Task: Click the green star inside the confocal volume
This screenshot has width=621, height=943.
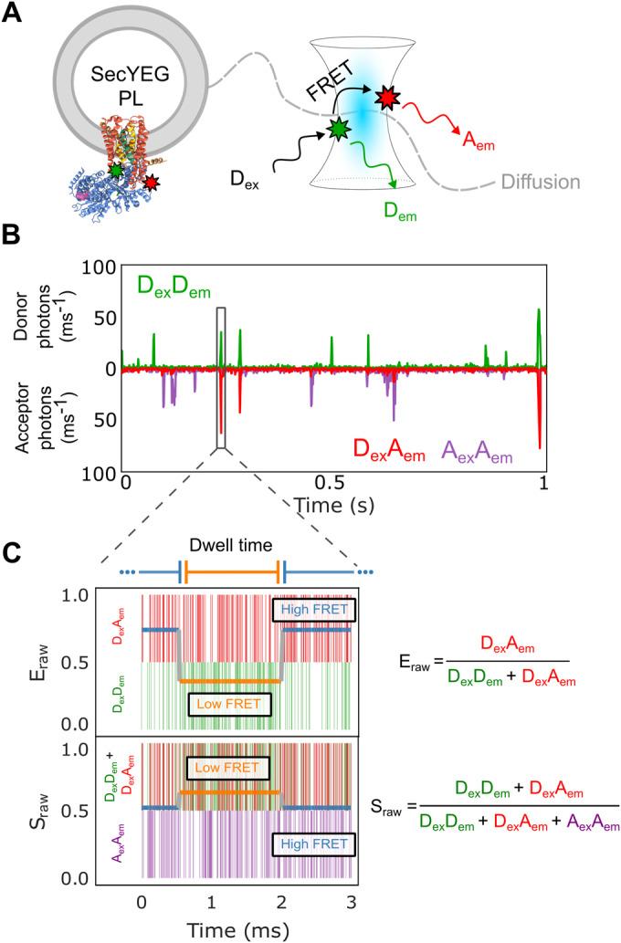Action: coord(340,131)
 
